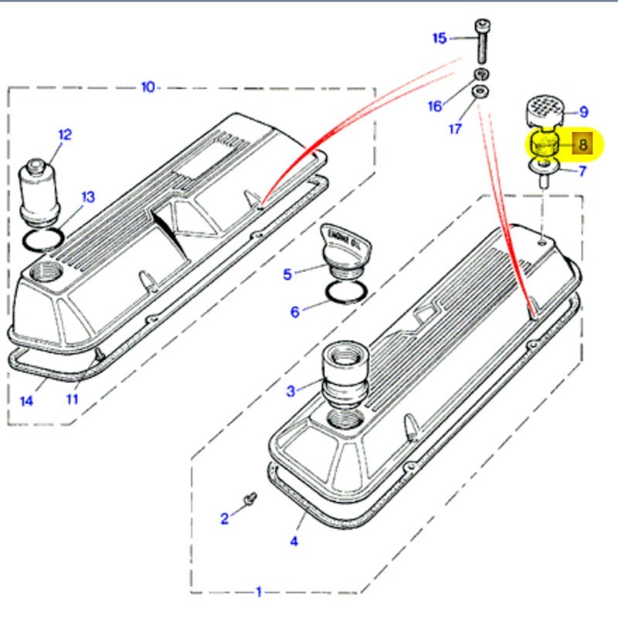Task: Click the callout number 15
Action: (x=439, y=38)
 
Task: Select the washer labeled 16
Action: (x=480, y=74)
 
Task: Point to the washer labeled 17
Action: (x=480, y=93)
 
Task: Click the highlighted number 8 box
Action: (x=582, y=144)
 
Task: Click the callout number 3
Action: (x=290, y=391)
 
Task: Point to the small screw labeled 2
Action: (x=250, y=499)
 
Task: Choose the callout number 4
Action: (x=294, y=541)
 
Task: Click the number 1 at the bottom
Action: (x=259, y=592)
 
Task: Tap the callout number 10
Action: (x=148, y=87)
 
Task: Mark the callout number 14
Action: (x=27, y=400)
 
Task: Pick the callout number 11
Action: (x=72, y=399)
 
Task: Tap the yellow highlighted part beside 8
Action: (x=545, y=144)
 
